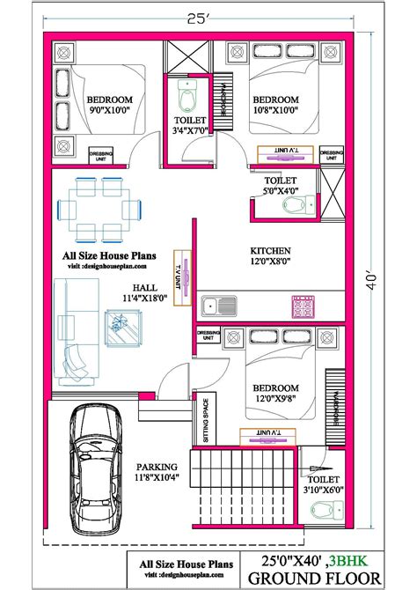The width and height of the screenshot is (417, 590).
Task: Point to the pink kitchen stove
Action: point(303,307)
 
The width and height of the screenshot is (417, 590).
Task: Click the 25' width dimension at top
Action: point(207,14)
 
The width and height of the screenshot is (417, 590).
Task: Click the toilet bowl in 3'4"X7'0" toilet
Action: point(187,90)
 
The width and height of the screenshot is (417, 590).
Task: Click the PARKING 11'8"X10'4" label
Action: point(157,472)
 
